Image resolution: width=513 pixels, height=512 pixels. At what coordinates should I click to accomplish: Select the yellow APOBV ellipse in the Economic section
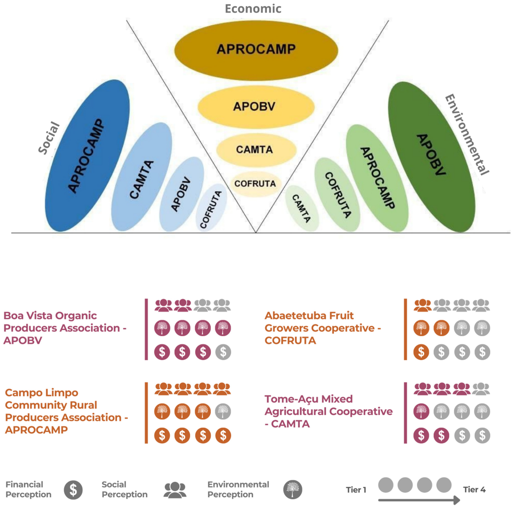[x=256, y=107]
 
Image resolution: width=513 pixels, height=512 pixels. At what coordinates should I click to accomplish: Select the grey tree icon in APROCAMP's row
[x=223, y=411]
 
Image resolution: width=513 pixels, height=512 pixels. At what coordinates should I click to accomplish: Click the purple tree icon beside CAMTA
[x=421, y=411]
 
